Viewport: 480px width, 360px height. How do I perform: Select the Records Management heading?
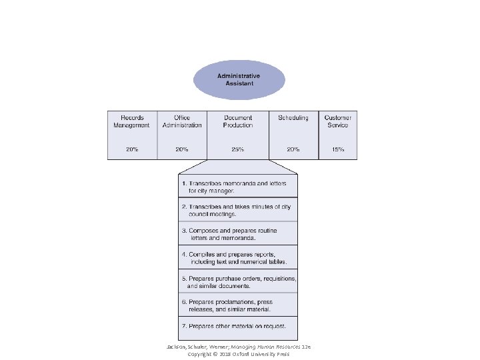coord(132,121)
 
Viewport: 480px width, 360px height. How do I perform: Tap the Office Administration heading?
coord(182,121)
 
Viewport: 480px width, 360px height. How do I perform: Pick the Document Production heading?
coord(238,121)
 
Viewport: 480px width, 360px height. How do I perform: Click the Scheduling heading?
coord(293,118)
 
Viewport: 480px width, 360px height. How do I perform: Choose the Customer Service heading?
coord(337,121)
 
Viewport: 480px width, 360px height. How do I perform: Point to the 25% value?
coord(238,149)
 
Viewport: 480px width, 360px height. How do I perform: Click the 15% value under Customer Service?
coord(337,149)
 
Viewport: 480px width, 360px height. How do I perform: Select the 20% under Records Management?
coord(132,149)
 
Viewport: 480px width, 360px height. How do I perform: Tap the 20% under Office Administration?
coord(182,149)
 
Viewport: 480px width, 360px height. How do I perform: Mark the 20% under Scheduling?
coord(293,149)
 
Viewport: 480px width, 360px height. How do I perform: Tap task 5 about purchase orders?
coord(238,281)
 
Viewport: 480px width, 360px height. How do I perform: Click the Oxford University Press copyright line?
coord(238,354)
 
